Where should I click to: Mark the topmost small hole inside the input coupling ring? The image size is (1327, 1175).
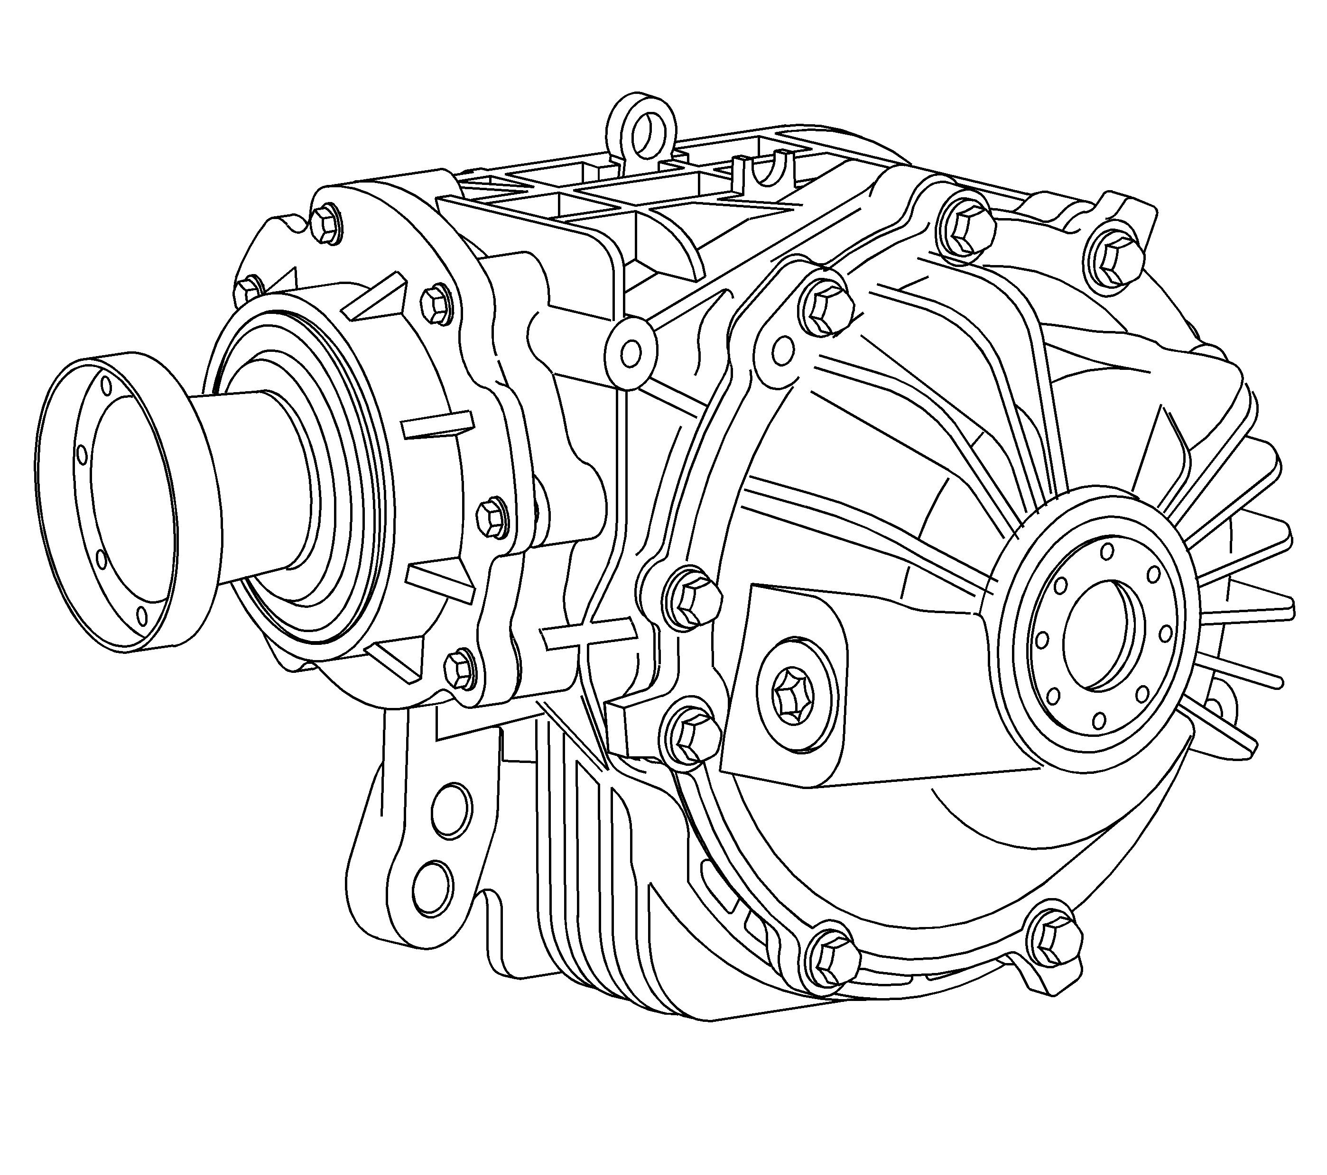[106, 387]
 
